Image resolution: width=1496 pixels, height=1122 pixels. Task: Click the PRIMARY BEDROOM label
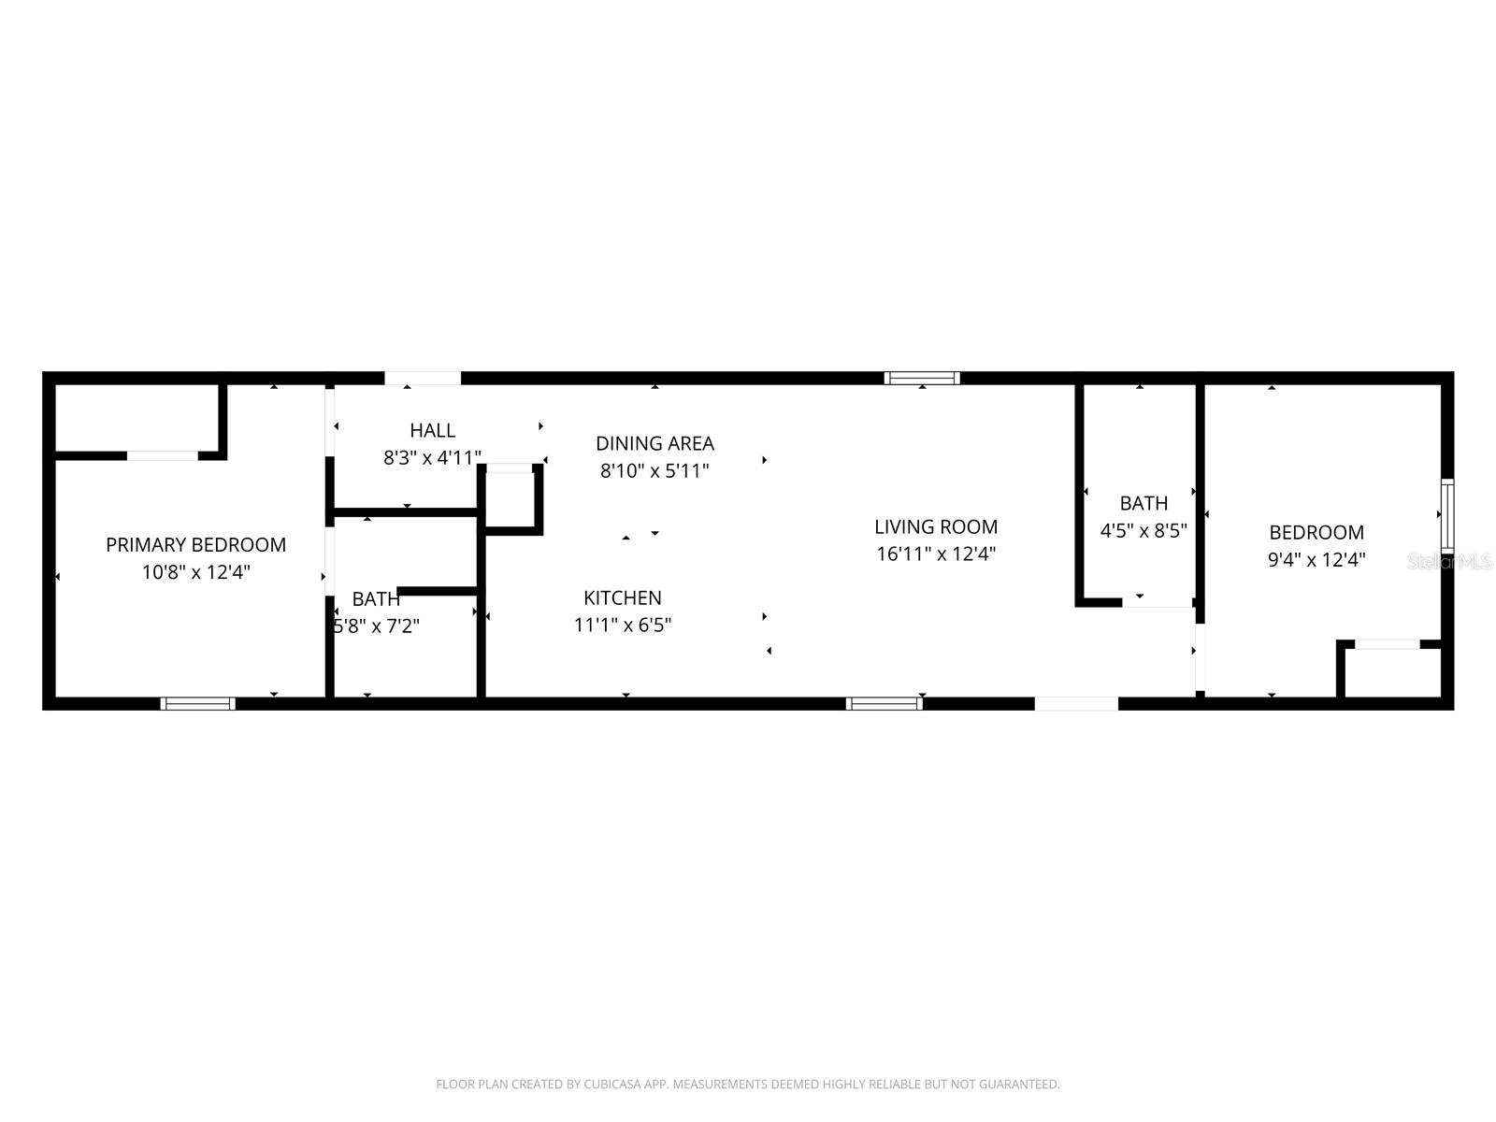click(x=195, y=544)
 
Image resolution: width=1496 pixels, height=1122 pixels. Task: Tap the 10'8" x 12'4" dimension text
click(x=195, y=572)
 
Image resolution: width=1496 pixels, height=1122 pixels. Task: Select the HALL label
click(x=432, y=430)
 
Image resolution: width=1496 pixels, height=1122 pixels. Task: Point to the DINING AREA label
click(x=654, y=443)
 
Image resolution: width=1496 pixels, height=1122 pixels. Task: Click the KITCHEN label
click(x=622, y=597)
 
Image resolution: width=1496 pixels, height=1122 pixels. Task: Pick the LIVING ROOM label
click(x=935, y=526)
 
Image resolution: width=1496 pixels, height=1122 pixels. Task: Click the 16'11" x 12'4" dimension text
click(x=935, y=554)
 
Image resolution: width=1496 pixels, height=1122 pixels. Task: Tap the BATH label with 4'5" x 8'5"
click(x=1144, y=503)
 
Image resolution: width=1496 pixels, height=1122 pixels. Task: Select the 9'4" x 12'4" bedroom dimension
click(x=1316, y=560)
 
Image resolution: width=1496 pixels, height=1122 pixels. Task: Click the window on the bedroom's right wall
click(x=1447, y=514)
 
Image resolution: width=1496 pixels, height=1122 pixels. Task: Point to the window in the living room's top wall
click(x=923, y=378)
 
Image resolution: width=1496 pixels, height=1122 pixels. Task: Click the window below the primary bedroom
click(x=197, y=703)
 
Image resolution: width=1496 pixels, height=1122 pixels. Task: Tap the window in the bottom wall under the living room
click(x=885, y=703)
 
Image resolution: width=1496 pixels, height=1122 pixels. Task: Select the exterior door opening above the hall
click(x=423, y=378)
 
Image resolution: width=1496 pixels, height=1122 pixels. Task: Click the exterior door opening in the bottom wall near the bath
click(x=1076, y=703)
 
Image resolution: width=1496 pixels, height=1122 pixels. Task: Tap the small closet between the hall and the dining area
click(x=510, y=498)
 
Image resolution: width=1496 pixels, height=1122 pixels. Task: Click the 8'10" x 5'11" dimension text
click(x=654, y=470)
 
